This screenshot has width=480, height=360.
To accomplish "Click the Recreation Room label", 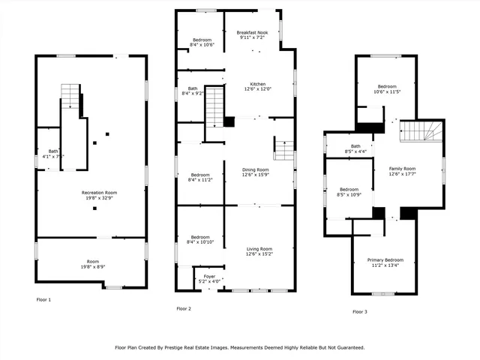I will click(99, 193).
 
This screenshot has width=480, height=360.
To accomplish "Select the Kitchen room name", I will click(257, 84).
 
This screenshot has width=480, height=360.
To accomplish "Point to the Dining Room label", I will click(255, 170).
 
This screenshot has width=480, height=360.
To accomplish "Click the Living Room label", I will click(259, 248).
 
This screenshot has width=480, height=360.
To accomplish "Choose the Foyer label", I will click(209, 276).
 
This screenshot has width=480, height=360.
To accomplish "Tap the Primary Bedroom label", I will click(384, 259).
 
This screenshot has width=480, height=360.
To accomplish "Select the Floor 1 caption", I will click(44, 299).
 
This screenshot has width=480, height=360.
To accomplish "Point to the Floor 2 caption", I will click(184, 308).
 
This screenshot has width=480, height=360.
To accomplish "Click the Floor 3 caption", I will click(360, 311).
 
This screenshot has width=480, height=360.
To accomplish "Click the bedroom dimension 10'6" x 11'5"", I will click(387, 91).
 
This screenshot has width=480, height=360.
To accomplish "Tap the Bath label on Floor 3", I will click(355, 146).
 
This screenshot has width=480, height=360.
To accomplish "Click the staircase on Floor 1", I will click(70, 97).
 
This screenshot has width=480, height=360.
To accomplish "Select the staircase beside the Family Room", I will click(421, 131).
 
